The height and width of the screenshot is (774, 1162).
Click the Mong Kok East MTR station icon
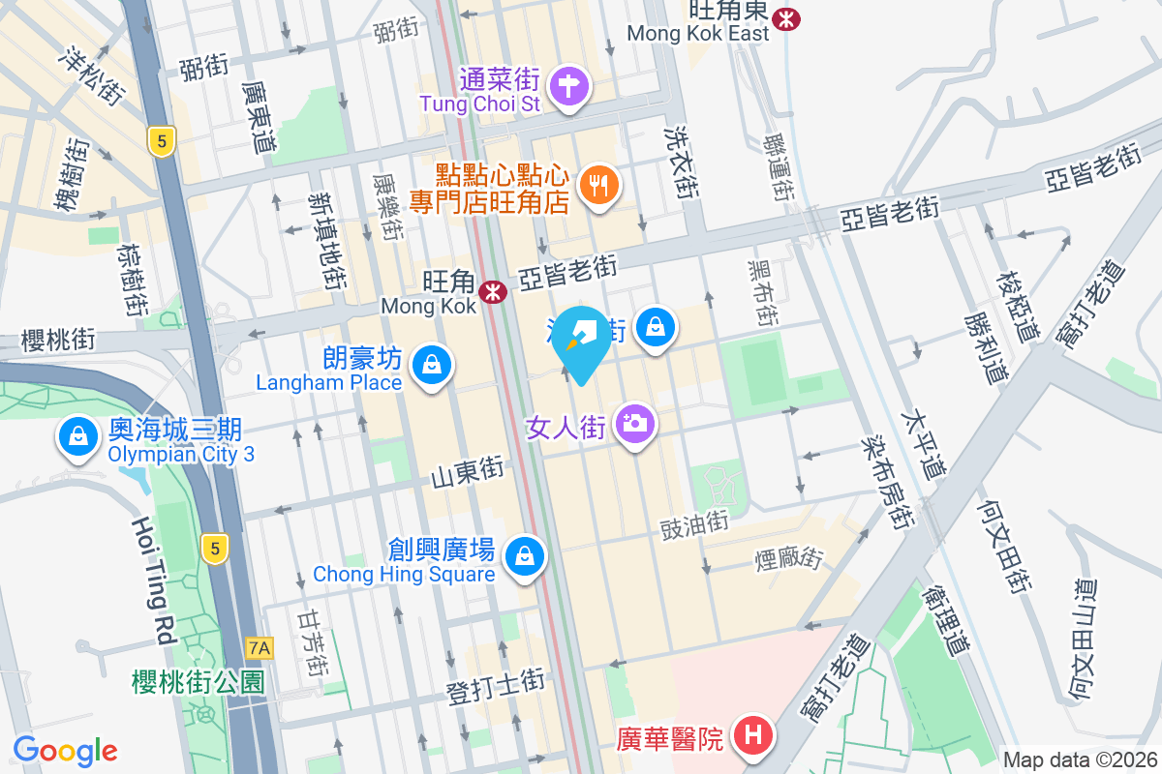(788, 17)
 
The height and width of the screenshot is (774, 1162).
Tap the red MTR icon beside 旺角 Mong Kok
(494, 289)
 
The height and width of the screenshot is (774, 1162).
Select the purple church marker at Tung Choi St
(569, 87)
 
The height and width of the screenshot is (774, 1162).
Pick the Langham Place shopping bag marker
(429, 366)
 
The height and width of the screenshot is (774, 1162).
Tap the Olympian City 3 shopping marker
(76, 436)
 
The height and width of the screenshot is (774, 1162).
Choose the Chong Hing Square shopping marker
(524, 556)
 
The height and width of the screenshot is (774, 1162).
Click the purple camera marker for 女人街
(635, 423)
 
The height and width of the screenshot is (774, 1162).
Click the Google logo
(65, 751)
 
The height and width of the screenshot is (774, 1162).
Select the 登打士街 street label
(496, 683)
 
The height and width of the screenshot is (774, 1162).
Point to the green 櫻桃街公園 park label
(198, 682)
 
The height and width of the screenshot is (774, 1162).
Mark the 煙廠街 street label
(789, 559)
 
